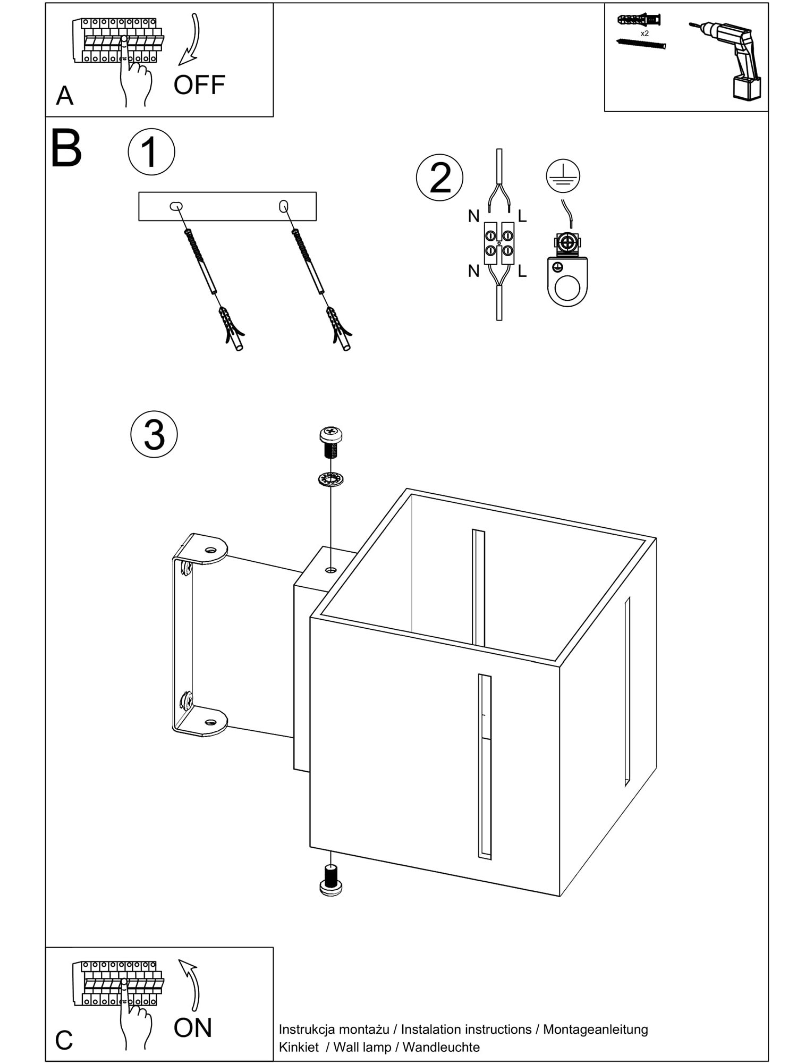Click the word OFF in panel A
(199, 85)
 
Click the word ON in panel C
(193, 1028)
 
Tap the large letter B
(66, 148)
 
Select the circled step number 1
(151, 152)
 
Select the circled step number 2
(439, 178)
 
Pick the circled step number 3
(154, 434)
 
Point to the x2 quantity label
(645, 33)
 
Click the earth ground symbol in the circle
(563, 176)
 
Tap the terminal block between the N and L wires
(499, 243)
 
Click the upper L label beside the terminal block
(522, 216)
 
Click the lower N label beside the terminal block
(473, 271)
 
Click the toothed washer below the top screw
(330, 479)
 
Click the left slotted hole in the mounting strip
(176, 206)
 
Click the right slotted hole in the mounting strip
(284, 206)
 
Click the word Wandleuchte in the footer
(441, 1047)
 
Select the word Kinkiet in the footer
(299, 1047)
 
